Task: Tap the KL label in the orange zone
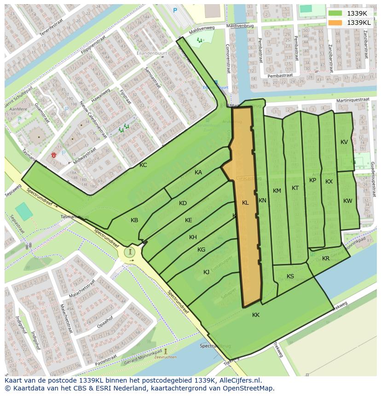point(245,203)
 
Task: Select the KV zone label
point(344,142)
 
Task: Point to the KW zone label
point(347,201)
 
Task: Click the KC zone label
point(143,165)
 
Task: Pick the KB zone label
point(134,220)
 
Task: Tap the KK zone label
point(256,315)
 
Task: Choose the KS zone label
point(290,276)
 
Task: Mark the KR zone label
point(326,258)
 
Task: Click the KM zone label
point(277,191)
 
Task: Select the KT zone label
point(295,188)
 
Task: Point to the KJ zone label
point(207,272)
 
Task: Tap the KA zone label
point(198,172)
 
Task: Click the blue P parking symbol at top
point(175,10)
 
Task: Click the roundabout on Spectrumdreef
point(131,252)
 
